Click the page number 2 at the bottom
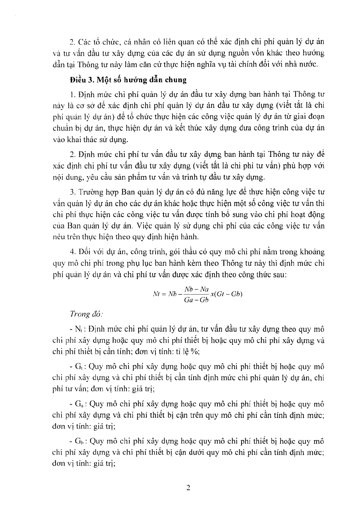tap(188, 488)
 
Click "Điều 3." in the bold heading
tap(80, 80)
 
